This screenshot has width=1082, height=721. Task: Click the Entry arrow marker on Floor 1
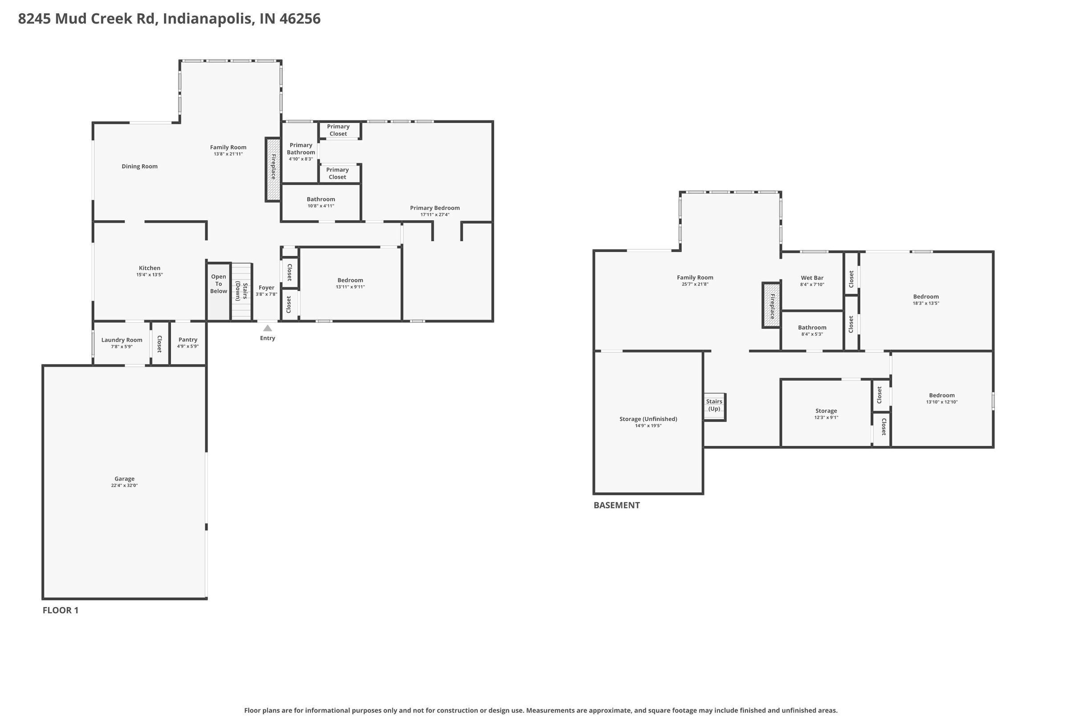coord(267,328)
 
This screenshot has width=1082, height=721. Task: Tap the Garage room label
coord(124,479)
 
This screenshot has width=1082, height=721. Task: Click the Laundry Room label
coord(122,340)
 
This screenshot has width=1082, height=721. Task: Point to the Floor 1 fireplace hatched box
coord(273,169)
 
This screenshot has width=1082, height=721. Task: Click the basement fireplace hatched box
coord(772,305)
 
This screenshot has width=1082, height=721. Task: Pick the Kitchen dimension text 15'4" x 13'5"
coord(150,275)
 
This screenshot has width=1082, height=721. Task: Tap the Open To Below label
coord(219,284)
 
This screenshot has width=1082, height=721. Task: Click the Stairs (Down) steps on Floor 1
coord(241,291)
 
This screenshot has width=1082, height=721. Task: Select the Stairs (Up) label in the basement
coord(714,405)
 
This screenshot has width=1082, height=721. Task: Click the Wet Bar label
coord(812,278)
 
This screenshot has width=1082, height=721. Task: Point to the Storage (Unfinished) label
coord(648,419)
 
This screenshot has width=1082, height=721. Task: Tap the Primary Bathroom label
coord(301,149)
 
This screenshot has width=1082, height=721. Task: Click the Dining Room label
coord(139,166)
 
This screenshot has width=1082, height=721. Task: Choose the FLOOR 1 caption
coord(61,610)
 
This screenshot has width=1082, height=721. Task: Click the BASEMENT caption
coord(616,505)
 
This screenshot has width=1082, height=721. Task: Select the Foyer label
coord(266,288)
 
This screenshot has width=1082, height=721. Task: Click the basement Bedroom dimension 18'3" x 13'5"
coord(926,303)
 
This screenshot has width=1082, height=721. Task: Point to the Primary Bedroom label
coord(435,208)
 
